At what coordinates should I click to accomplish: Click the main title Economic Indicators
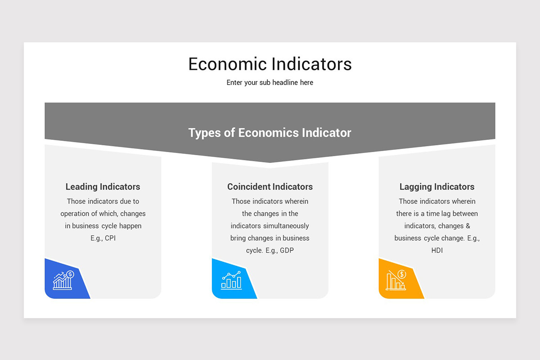pos(270,64)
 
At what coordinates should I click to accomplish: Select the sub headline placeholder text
pos(270,83)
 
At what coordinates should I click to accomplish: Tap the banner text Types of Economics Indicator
pos(270,133)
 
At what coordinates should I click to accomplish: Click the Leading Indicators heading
pos(103,187)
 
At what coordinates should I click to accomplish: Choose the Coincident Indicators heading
pos(270,187)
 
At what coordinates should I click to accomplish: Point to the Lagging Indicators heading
pos(437,187)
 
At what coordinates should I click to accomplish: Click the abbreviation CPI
pos(110,238)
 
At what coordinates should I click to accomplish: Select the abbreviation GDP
pos(287,250)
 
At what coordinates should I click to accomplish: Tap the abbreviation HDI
pos(437,250)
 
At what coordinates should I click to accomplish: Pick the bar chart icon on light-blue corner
pos(231,280)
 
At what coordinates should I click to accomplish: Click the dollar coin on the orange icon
pos(402,274)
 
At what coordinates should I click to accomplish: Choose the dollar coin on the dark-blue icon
pos(70,274)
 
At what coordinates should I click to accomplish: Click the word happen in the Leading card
pos(130,226)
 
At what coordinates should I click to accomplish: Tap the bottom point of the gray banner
pos(270,162)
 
